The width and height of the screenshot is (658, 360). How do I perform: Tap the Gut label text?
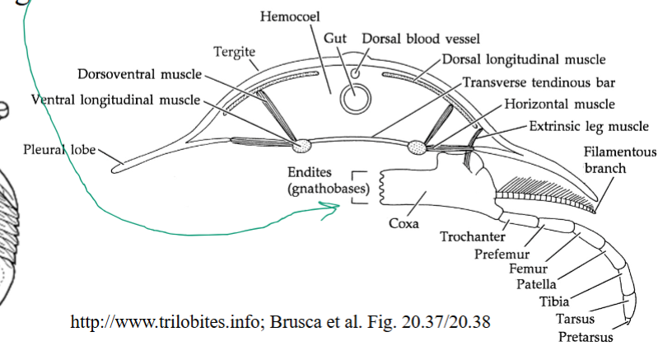(x=335, y=39)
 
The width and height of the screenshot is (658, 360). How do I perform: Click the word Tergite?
(x=236, y=50)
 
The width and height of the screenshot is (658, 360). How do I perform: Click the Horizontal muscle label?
(x=559, y=104)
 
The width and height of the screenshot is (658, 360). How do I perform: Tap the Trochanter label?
(x=469, y=237)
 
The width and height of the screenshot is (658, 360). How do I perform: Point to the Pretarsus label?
(x=585, y=336)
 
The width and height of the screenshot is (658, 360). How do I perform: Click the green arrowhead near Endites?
(x=334, y=211)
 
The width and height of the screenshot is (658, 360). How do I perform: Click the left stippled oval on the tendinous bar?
(x=303, y=145)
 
